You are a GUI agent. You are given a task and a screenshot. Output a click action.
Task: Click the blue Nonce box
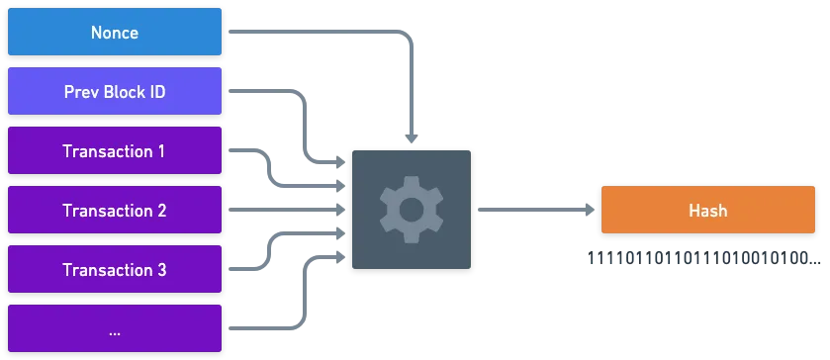(x=115, y=32)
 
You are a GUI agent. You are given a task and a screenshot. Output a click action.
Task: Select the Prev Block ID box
(x=115, y=91)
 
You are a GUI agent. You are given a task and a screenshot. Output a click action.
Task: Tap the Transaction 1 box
(x=115, y=150)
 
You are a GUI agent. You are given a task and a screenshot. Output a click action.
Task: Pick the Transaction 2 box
(x=115, y=210)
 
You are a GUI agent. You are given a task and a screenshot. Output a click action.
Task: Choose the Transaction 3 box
(x=115, y=269)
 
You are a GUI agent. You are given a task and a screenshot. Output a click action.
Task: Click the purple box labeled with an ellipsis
(x=115, y=328)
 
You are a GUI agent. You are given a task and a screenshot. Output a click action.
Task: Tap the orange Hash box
(x=707, y=210)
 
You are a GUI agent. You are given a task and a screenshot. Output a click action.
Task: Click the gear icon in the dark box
(x=412, y=210)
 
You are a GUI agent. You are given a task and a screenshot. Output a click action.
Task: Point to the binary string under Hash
(x=704, y=259)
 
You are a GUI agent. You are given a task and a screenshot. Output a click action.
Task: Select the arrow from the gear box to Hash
(x=536, y=210)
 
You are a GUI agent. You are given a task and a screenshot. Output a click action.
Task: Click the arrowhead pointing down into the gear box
(x=412, y=138)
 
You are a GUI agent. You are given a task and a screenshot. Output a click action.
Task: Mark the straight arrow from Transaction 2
(x=287, y=210)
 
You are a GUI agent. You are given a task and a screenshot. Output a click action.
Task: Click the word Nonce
(x=115, y=33)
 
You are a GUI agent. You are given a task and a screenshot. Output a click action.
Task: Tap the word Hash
(x=707, y=211)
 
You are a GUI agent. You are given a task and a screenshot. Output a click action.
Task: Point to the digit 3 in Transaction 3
(x=161, y=270)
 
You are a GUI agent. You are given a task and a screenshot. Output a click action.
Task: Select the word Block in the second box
(x=124, y=92)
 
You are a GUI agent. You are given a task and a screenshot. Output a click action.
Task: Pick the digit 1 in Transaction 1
(x=160, y=151)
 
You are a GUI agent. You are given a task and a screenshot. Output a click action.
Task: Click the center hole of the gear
(x=412, y=210)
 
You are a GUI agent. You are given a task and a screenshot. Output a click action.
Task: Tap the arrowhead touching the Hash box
(x=590, y=210)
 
